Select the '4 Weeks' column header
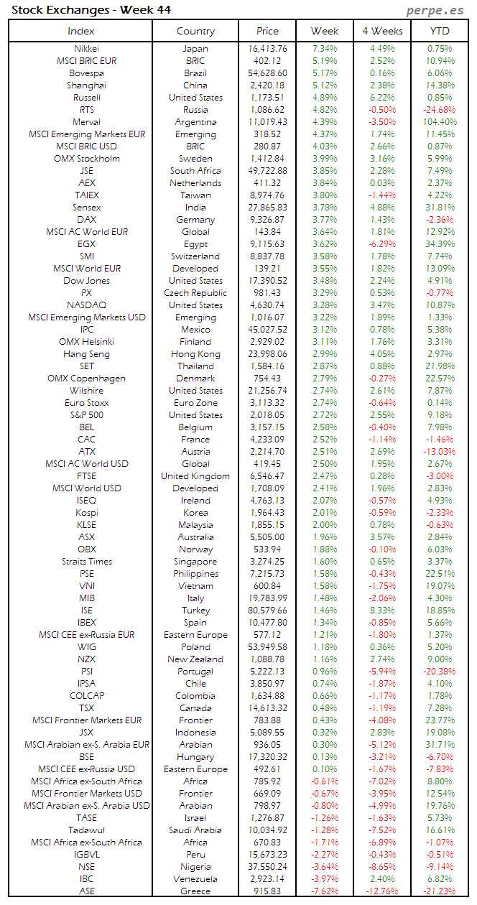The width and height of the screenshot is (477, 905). click(381, 31)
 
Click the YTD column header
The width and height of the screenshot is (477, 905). click(440, 31)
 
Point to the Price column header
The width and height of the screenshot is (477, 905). click(267, 31)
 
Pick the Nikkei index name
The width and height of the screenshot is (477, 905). click(87, 49)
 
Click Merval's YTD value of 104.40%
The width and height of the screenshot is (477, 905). click(440, 122)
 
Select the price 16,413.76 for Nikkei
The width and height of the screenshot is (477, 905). click(267, 49)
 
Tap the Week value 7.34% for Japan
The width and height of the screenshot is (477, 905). click(325, 49)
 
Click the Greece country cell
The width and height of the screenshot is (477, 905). click(195, 891)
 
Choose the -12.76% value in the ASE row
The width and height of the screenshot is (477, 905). click(381, 891)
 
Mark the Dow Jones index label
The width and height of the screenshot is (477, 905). click(87, 281)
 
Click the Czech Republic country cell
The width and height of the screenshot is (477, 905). click(195, 293)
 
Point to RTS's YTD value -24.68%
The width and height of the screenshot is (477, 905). click(440, 110)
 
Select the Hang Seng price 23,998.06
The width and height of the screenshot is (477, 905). click(267, 354)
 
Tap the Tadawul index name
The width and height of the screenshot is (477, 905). click(87, 830)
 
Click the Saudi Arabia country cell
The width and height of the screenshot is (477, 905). click(195, 830)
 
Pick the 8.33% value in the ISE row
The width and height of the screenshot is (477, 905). click(381, 611)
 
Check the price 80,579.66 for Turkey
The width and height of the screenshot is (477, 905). click(267, 611)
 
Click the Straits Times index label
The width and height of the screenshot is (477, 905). click(87, 562)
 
